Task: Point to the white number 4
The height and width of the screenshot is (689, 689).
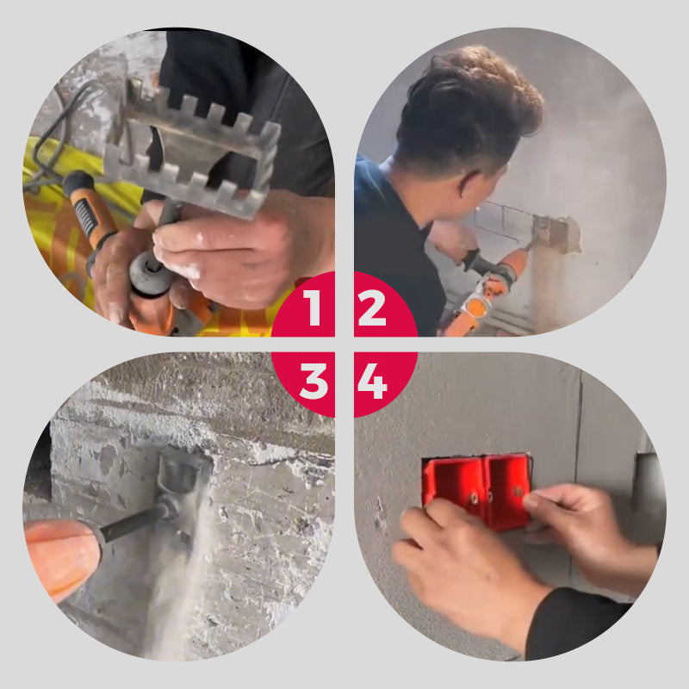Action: coord(372,381)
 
